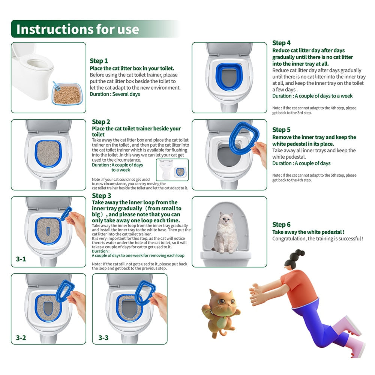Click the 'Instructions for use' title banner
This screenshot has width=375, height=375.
(78, 29)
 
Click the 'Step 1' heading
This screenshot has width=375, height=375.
(99, 61)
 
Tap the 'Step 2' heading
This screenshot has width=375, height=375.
(101, 122)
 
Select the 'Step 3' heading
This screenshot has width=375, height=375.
(101, 195)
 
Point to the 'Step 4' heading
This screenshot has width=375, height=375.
(281, 43)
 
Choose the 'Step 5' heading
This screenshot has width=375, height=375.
(281, 130)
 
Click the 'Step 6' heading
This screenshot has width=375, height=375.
(281, 225)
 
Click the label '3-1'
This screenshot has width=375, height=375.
(21, 259)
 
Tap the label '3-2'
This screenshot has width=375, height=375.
(21, 337)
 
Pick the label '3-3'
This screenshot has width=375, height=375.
(103, 337)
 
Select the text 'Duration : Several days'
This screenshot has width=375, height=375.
(115, 94)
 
